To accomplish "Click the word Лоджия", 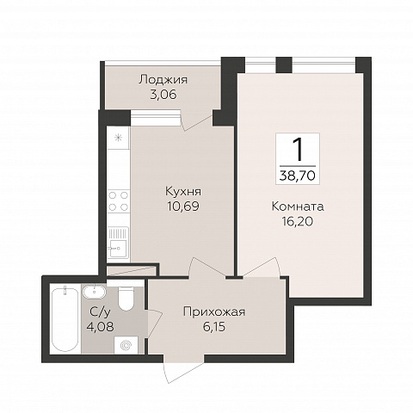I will [x=163, y=80].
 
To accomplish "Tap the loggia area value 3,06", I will [x=163, y=95].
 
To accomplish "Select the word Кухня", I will [x=182, y=190].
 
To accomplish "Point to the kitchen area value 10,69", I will [x=182, y=206].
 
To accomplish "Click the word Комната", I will [x=297, y=206].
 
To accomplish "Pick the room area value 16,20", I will [x=297, y=221].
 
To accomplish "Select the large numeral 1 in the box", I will [x=297, y=148].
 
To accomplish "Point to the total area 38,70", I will [x=297, y=173].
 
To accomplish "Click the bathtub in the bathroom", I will [x=64, y=319].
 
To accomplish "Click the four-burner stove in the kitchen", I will [x=118, y=200].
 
